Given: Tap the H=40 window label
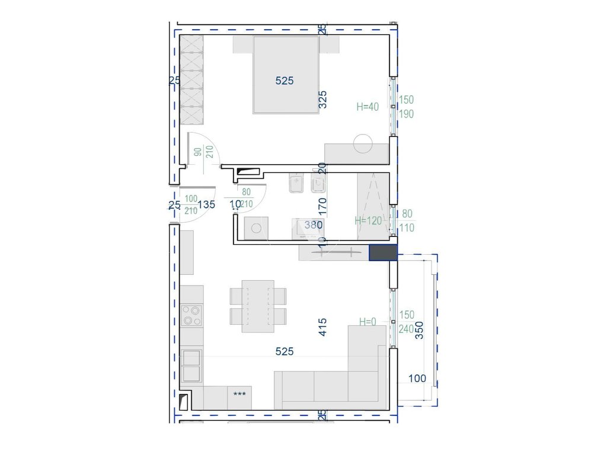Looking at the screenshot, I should pyautogui.click(x=368, y=107).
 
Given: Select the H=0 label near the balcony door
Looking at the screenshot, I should pyautogui.click(x=368, y=322).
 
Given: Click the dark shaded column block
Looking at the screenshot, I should pyautogui.click(x=383, y=253).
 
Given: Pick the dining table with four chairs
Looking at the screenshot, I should pyautogui.click(x=258, y=306).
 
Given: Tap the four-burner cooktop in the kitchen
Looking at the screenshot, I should pyautogui.click(x=191, y=315).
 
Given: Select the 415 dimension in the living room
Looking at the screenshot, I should pyautogui.click(x=323, y=327).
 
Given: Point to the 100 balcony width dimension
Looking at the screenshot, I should pyautogui.click(x=417, y=378).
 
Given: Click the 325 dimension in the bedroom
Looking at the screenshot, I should pyautogui.click(x=323, y=100).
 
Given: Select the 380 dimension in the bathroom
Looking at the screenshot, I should pyautogui.click(x=313, y=225).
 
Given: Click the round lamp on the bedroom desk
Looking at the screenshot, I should pyautogui.click(x=362, y=143).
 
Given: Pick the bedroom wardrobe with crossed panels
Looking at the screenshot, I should pyautogui.click(x=192, y=80).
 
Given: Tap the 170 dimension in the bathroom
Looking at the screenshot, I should pyautogui.click(x=323, y=209).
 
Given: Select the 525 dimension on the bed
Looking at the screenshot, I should pyautogui.click(x=285, y=81).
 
